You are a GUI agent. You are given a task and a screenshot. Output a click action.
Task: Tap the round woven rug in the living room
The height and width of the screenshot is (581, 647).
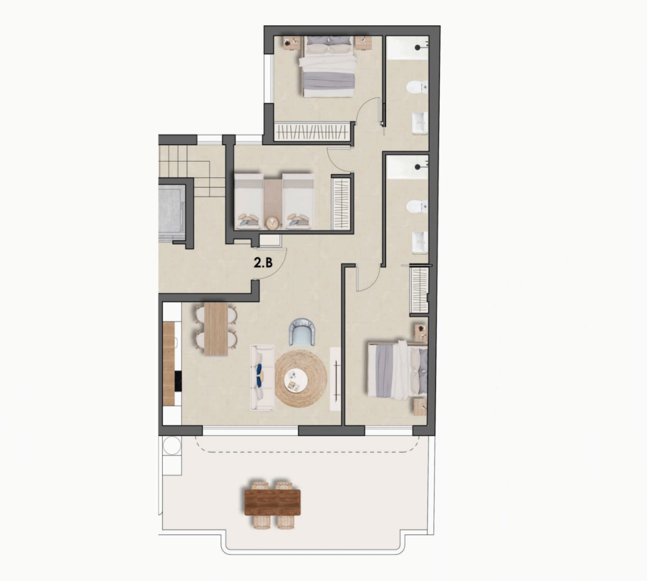[301, 379]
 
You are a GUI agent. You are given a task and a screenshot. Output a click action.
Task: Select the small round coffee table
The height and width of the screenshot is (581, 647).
[296, 380]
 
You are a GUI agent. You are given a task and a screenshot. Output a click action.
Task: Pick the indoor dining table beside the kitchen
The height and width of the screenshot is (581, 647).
[216, 329]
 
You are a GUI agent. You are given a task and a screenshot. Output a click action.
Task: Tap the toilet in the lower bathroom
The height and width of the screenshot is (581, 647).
[417, 206]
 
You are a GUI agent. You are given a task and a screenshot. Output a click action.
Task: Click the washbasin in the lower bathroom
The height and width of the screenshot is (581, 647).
[420, 243]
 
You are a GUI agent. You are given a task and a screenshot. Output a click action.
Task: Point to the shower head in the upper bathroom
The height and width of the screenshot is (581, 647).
[418, 47]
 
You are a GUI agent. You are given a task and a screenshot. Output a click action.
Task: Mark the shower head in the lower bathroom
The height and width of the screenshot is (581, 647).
[418, 167]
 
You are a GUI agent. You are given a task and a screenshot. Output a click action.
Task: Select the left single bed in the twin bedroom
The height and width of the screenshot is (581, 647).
[249, 201]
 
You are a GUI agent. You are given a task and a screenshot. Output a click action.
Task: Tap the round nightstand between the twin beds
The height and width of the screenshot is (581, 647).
[273, 223]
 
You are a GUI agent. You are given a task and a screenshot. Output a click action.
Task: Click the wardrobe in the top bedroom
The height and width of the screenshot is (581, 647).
[312, 131]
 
